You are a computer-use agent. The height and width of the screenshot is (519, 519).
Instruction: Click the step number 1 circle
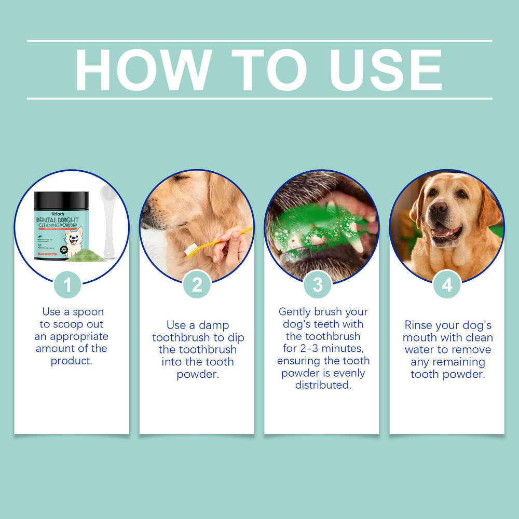67,284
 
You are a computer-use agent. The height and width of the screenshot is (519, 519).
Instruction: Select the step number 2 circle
197,284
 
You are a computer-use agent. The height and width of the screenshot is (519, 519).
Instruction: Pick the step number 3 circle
318,284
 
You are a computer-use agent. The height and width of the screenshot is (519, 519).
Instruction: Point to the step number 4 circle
447,284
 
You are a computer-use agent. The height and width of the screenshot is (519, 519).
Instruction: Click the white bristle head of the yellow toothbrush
192,250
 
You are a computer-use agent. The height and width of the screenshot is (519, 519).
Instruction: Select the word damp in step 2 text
215,325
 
